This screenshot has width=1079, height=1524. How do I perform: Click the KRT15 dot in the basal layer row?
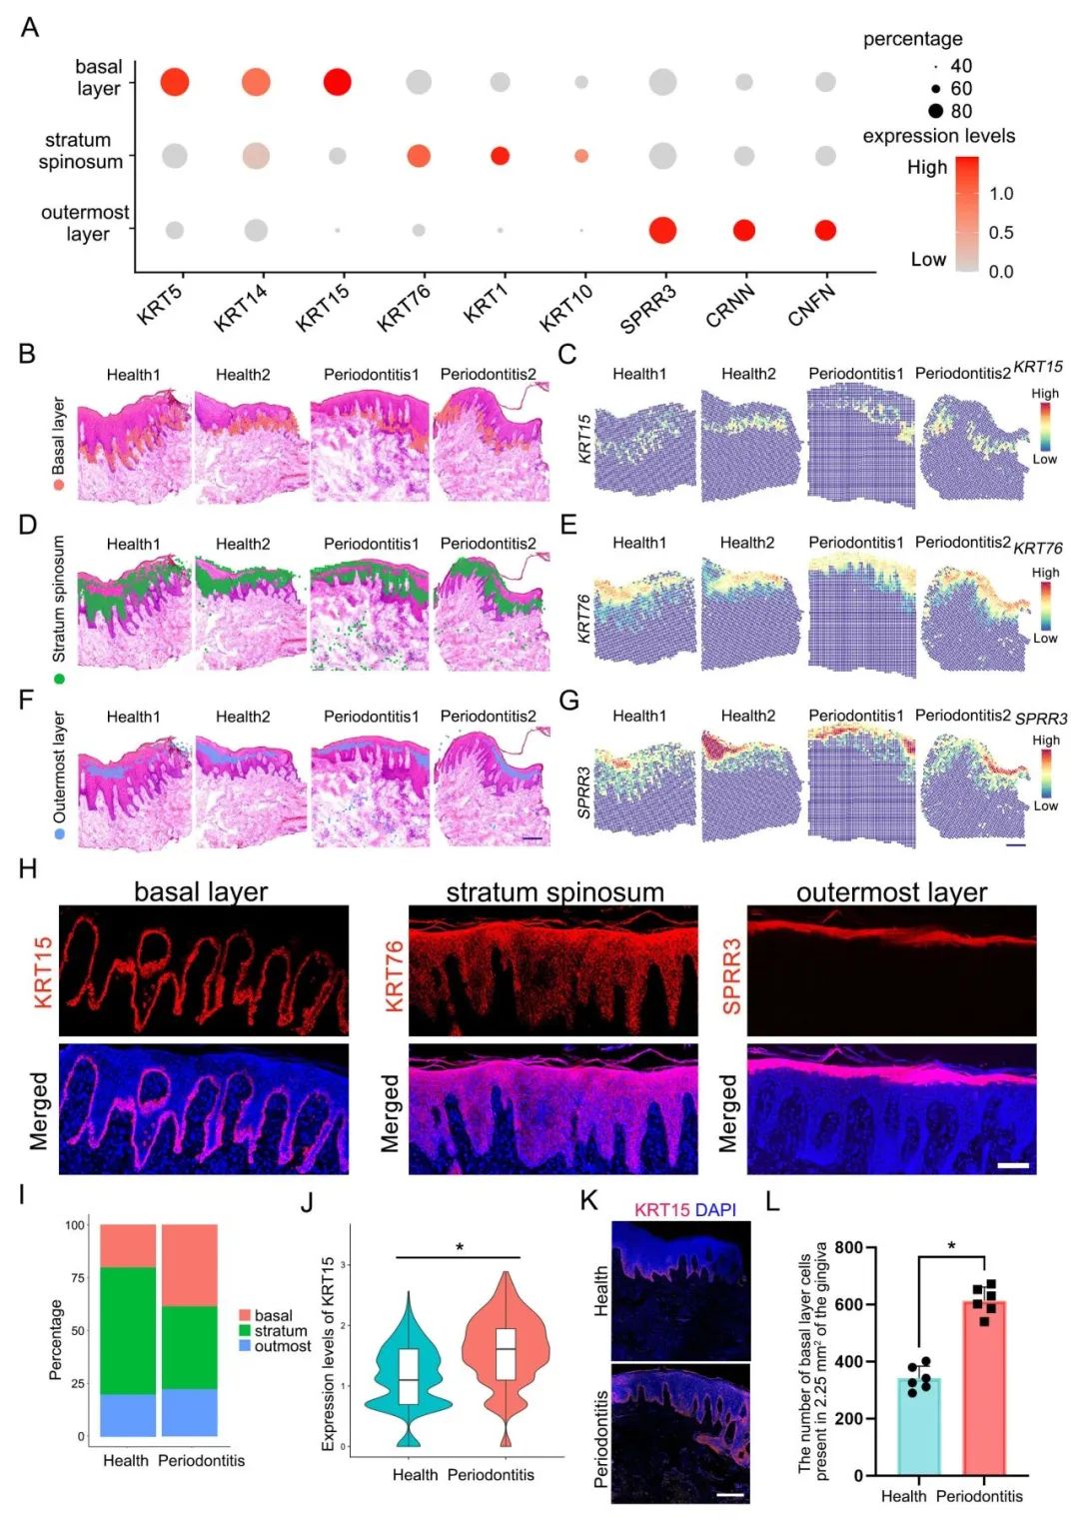click(338, 82)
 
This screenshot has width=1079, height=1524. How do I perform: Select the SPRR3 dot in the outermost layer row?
click(661, 231)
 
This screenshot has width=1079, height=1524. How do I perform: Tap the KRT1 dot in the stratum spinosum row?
click(500, 156)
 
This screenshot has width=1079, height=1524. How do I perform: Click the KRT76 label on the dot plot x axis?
click(404, 307)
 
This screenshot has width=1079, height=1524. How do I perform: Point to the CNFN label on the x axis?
click(810, 304)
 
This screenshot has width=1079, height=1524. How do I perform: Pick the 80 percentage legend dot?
click(935, 111)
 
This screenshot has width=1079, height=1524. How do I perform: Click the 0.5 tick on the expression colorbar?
click(1000, 233)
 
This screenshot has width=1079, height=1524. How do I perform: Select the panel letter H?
click(28, 868)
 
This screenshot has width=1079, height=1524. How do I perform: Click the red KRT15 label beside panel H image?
click(43, 971)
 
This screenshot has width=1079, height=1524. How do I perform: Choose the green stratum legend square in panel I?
click(245, 1331)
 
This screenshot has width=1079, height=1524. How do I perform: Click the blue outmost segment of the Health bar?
click(128, 1415)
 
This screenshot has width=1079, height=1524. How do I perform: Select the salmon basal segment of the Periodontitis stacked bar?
click(190, 1265)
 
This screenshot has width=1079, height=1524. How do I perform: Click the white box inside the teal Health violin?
click(407, 1376)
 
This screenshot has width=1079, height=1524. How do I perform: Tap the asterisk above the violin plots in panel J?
click(460, 1247)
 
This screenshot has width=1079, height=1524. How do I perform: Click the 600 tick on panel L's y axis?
click(848, 1304)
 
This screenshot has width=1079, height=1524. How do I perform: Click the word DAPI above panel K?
click(715, 1209)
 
